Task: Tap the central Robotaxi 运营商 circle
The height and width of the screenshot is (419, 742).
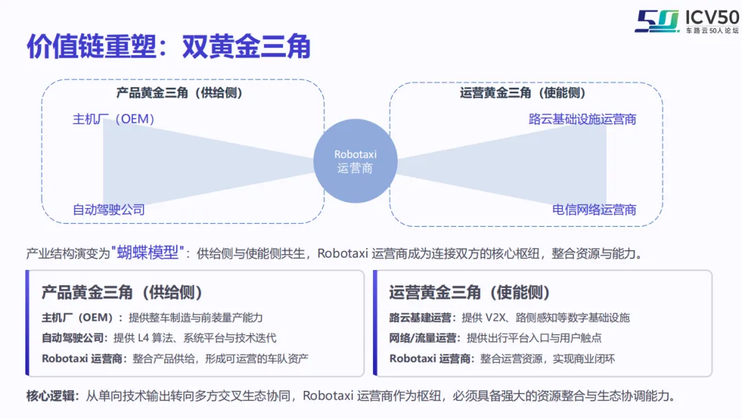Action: [355, 161]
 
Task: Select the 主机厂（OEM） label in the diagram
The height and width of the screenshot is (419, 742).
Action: [114, 119]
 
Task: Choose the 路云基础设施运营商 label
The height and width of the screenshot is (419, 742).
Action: [583, 119]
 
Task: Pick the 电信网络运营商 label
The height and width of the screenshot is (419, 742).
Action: [594, 209]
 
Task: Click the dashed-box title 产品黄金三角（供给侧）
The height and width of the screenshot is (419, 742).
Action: [179, 93]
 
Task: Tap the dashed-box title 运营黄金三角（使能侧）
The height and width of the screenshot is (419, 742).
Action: [523, 93]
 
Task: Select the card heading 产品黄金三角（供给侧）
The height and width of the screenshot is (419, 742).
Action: [122, 292]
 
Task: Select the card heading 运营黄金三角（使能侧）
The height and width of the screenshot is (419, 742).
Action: [470, 292]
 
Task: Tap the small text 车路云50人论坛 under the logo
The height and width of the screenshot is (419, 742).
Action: [712, 31]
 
